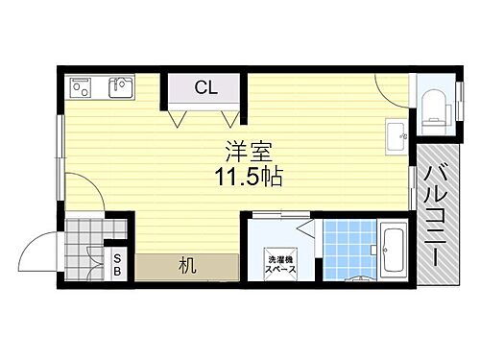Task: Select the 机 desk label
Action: (186, 266)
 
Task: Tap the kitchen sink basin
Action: (121, 89)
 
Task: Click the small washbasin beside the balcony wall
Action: (395, 135)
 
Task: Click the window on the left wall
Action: (60, 149)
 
